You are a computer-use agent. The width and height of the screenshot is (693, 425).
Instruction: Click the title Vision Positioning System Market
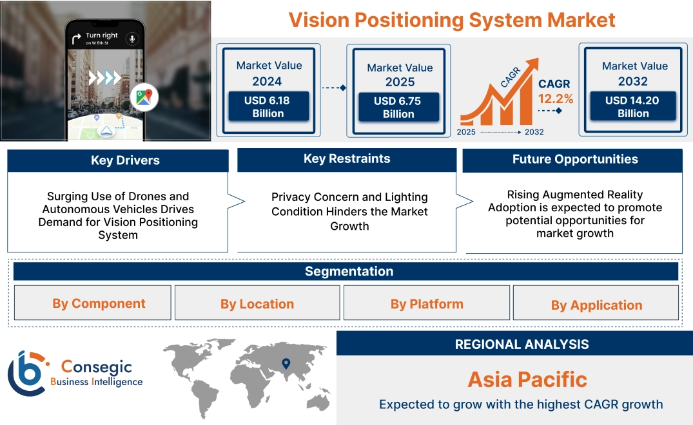452,19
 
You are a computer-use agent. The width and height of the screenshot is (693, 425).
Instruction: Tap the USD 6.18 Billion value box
268,107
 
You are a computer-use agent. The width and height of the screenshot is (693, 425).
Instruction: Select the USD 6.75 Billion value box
398,108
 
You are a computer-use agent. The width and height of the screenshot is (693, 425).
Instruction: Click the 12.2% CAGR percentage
556,99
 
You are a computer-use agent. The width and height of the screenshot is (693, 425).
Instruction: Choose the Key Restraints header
347,159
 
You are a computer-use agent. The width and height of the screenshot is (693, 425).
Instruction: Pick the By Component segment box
99,303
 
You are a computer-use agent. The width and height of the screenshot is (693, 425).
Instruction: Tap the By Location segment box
257,304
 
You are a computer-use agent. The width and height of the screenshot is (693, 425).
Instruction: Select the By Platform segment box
426,304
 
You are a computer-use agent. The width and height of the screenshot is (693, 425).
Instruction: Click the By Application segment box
596,305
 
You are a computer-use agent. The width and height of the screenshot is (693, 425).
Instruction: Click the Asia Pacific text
527,379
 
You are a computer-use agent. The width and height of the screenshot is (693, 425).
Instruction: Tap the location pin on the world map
286,364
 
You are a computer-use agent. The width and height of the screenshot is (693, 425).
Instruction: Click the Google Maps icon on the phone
144,97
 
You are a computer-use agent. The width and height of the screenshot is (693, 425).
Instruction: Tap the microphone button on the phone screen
133,39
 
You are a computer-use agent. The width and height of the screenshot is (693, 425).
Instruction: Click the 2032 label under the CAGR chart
534,132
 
